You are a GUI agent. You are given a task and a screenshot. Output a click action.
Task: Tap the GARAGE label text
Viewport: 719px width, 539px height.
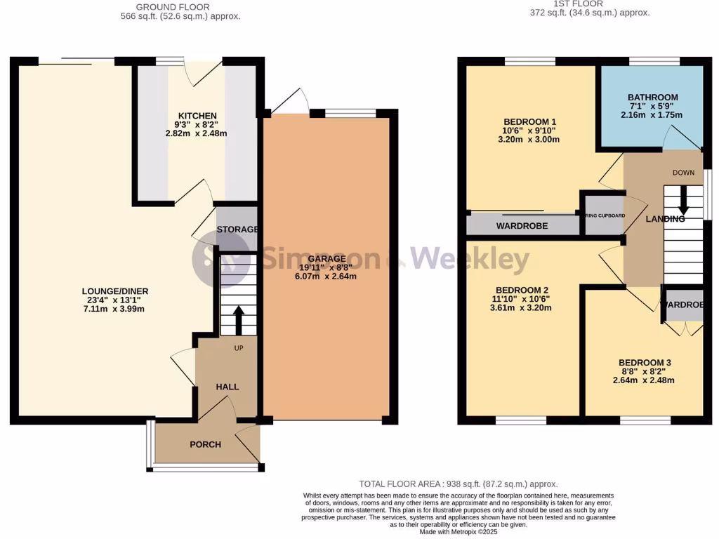[326, 259]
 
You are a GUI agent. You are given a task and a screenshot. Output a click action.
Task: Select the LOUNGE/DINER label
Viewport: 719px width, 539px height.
[115, 291]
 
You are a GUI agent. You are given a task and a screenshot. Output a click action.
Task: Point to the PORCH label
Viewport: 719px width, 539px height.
[205, 444]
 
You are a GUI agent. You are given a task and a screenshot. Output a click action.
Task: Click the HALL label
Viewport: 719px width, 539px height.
[227, 387]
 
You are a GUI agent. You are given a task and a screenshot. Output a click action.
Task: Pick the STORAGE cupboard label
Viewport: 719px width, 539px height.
[237, 229]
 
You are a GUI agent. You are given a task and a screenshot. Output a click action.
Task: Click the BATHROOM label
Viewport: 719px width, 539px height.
[652, 98]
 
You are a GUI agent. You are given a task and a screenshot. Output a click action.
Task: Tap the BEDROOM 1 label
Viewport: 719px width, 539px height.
[530, 121]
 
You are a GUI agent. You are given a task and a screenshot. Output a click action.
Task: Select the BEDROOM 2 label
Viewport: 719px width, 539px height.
[522, 291]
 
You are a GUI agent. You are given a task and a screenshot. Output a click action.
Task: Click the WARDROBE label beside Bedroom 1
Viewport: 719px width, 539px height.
[522, 226]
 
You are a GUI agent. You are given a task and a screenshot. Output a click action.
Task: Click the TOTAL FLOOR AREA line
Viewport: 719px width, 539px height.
[458, 484]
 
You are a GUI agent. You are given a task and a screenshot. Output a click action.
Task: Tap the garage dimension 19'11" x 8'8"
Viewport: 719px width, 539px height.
[326, 267]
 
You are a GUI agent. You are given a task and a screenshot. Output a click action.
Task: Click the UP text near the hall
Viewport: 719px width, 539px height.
[239, 347]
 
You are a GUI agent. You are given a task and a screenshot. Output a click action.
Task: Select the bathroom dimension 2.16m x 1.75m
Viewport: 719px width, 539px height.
[652, 114]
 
